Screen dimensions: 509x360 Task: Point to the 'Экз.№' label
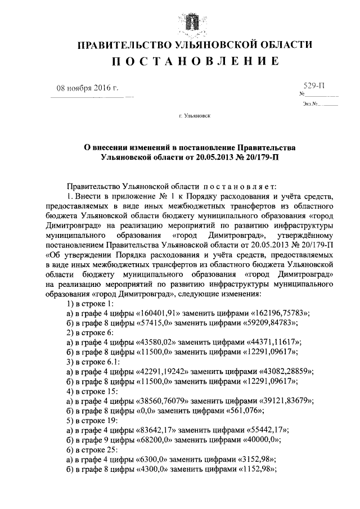[311, 104]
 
